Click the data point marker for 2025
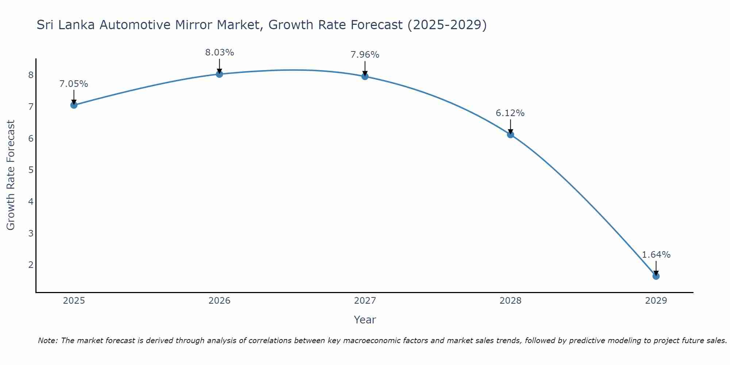point(74,105)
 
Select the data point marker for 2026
point(219,74)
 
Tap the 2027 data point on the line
point(365,76)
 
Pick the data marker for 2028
point(510,135)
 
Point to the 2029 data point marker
point(656,276)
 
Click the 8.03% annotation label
point(219,53)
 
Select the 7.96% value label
point(365,55)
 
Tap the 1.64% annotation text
point(656,255)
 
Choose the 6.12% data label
point(510,113)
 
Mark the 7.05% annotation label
point(74,84)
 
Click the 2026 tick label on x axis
point(219,301)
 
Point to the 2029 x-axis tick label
point(656,301)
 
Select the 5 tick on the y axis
point(31,170)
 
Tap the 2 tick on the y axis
point(31,265)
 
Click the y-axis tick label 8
point(31,75)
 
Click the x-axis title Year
point(365,320)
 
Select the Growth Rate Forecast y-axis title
point(11,175)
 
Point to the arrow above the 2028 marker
point(510,127)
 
